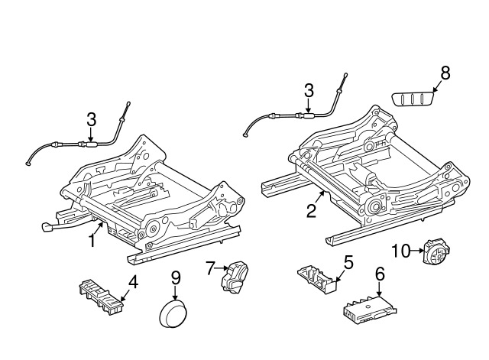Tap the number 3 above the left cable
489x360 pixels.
tap(91, 119)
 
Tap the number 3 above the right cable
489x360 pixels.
tap(309, 90)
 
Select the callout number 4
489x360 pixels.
tap(133, 281)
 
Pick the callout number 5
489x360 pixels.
tap(348, 262)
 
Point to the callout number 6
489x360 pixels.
tap(380, 273)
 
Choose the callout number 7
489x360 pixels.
tap(210, 268)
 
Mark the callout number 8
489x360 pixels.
tap(445, 73)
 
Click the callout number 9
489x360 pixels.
tap(175, 277)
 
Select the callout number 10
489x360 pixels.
tap(401, 251)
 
